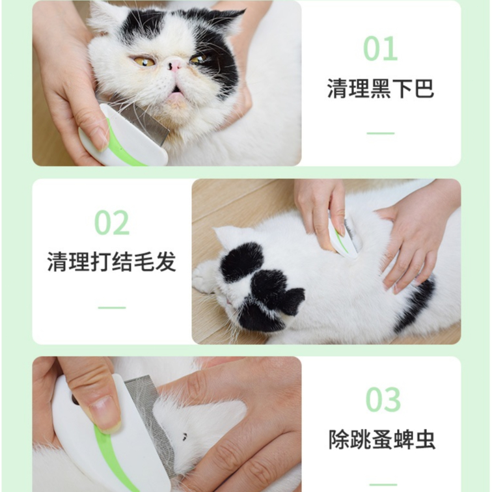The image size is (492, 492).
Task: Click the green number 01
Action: pos(381,48)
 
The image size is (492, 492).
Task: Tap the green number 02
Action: pos(112,223)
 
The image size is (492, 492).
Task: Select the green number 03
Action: pos(383,400)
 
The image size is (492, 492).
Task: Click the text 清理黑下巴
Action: pos(381,89)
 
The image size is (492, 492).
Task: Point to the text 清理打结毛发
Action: pos(112,262)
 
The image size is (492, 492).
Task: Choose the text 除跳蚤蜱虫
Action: pos(382,439)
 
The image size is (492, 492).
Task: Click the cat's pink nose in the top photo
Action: pos(174,65)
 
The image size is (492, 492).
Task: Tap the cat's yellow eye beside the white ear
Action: pos(144,61)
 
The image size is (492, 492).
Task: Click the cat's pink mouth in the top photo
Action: pos(174,92)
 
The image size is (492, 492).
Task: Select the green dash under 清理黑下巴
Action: pos(381,133)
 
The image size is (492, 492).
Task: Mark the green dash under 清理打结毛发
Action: pos(112,307)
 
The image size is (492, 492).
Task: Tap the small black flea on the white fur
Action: pos(185,435)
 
